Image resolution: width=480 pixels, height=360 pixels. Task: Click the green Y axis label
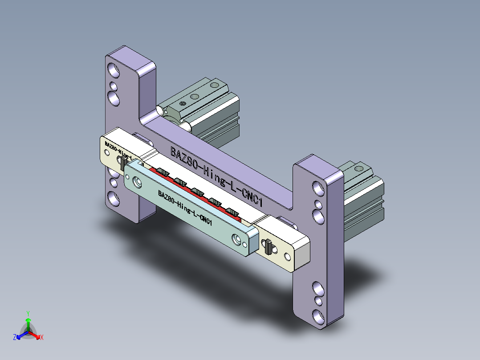click(28, 313)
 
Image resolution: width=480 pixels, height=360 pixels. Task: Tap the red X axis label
click(42, 338)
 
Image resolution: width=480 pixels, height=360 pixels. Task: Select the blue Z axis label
click(14, 338)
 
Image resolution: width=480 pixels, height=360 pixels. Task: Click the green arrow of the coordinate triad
click(28, 322)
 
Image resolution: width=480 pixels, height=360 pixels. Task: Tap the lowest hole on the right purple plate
click(318, 316)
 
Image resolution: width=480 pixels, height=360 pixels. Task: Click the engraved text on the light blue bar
click(185, 207)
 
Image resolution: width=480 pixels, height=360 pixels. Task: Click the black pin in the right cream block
click(268, 247)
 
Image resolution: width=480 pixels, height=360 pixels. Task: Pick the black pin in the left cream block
click(122, 162)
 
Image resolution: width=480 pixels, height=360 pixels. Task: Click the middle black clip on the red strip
click(198, 191)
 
